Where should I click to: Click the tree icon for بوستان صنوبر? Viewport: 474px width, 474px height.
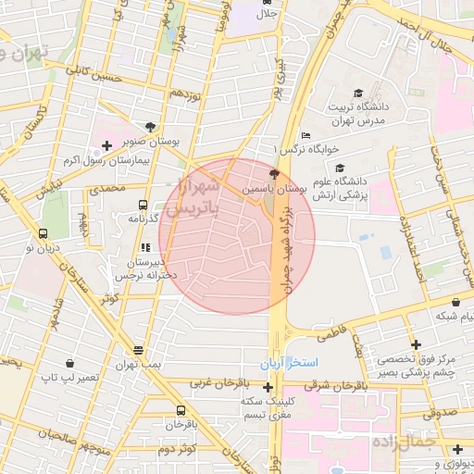click(x=151, y=127)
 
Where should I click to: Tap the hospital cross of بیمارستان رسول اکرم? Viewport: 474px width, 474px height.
click(x=107, y=145)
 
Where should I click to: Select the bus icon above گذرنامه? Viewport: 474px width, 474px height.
click(x=143, y=205)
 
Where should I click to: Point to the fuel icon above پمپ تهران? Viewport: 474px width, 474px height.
click(x=138, y=351)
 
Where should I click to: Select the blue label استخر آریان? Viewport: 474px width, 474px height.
click(x=291, y=361)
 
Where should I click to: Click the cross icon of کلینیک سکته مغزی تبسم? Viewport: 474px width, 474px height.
click(x=268, y=388)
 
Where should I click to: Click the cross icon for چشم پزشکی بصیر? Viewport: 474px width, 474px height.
click(x=417, y=344)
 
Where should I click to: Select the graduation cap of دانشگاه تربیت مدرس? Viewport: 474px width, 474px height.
click(x=358, y=94)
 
